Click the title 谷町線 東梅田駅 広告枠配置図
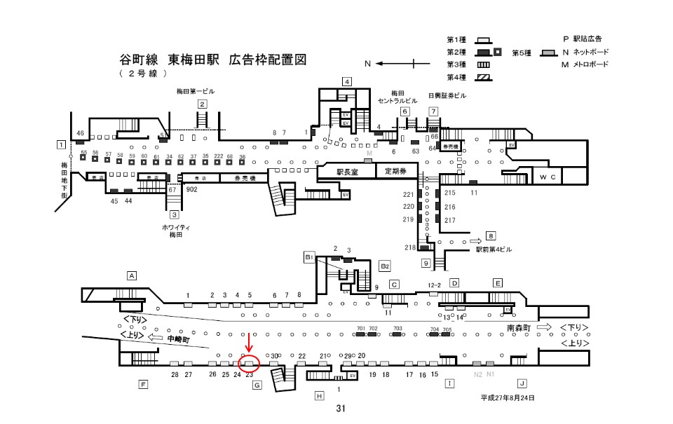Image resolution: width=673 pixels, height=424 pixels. click(x=214, y=60)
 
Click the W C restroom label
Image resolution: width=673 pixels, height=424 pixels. click(x=548, y=177)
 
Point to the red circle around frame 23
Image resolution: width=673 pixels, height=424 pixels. click(x=250, y=364)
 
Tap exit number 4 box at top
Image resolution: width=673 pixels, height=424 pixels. click(x=346, y=81)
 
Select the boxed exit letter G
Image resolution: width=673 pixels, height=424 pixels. click(x=257, y=385)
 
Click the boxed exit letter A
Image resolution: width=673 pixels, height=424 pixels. click(x=131, y=275)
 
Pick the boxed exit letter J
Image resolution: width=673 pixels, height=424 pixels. click(x=522, y=383)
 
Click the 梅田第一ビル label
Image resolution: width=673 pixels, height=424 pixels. click(x=196, y=92)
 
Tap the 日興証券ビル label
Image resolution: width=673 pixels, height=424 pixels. click(x=448, y=95)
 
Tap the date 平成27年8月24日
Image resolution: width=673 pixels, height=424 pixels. click(x=508, y=398)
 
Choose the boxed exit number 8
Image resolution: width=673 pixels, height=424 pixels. click(x=491, y=236)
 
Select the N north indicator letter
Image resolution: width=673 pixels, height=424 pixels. click(x=367, y=64)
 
